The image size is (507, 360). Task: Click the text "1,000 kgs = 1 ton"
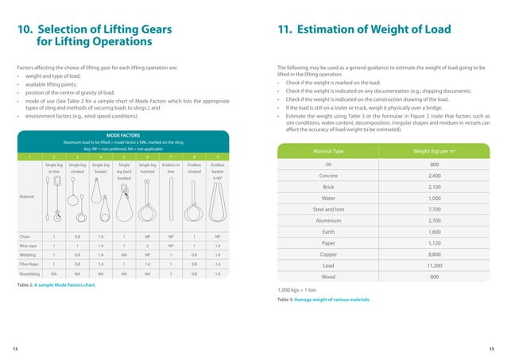(298, 291)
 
